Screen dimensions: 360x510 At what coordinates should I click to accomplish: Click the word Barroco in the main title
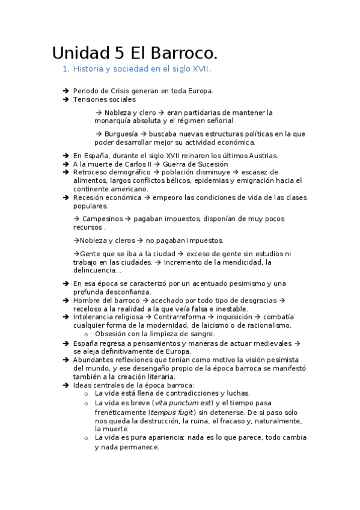[181, 52]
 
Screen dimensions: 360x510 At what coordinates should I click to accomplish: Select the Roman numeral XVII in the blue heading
[200, 69]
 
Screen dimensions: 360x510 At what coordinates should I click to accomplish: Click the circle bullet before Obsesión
[87, 334]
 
